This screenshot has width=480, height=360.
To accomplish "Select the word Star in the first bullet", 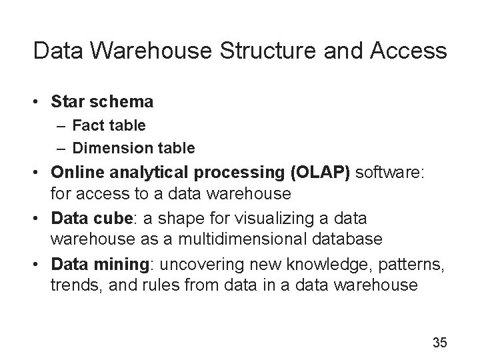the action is (x=67, y=102).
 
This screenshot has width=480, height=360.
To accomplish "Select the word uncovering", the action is (x=193, y=265).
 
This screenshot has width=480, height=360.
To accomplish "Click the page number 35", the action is (x=439, y=343).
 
